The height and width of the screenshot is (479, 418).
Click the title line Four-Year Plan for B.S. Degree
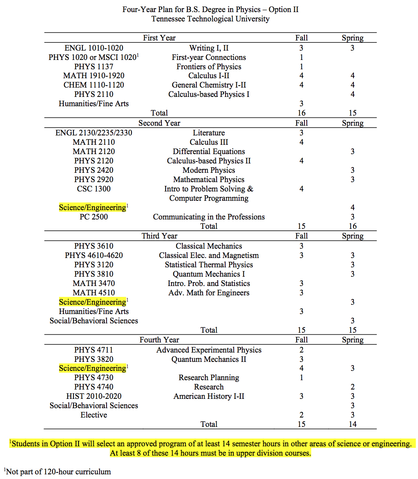click(x=210, y=9)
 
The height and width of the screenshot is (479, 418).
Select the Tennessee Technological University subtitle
click(x=210, y=19)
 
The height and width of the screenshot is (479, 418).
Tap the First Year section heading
click(x=159, y=38)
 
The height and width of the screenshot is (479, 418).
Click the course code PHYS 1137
click(x=94, y=67)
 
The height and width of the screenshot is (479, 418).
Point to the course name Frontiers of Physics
click(x=209, y=67)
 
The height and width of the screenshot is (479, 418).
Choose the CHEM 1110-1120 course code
click(x=94, y=85)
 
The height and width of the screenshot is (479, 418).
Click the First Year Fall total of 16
click(x=301, y=113)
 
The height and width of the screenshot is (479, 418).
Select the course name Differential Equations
click(x=209, y=151)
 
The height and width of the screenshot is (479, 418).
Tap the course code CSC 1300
click(x=94, y=189)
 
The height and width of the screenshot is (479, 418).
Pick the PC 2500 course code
click(x=94, y=217)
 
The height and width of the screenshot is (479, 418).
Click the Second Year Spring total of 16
click(x=352, y=226)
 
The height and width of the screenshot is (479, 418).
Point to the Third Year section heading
click(x=159, y=236)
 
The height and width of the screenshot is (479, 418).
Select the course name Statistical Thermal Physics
click(x=209, y=265)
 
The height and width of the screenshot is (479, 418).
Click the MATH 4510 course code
click(x=94, y=293)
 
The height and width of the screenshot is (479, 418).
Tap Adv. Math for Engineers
click(x=209, y=293)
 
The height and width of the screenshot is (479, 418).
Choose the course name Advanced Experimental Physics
click(x=209, y=350)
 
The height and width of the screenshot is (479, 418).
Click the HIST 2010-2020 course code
click(x=94, y=396)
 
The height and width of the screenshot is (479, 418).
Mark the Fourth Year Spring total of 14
click(x=352, y=424)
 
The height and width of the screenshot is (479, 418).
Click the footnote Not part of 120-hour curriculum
click(x=58, y=472)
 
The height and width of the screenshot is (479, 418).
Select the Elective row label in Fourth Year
click(x=94, y=415)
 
